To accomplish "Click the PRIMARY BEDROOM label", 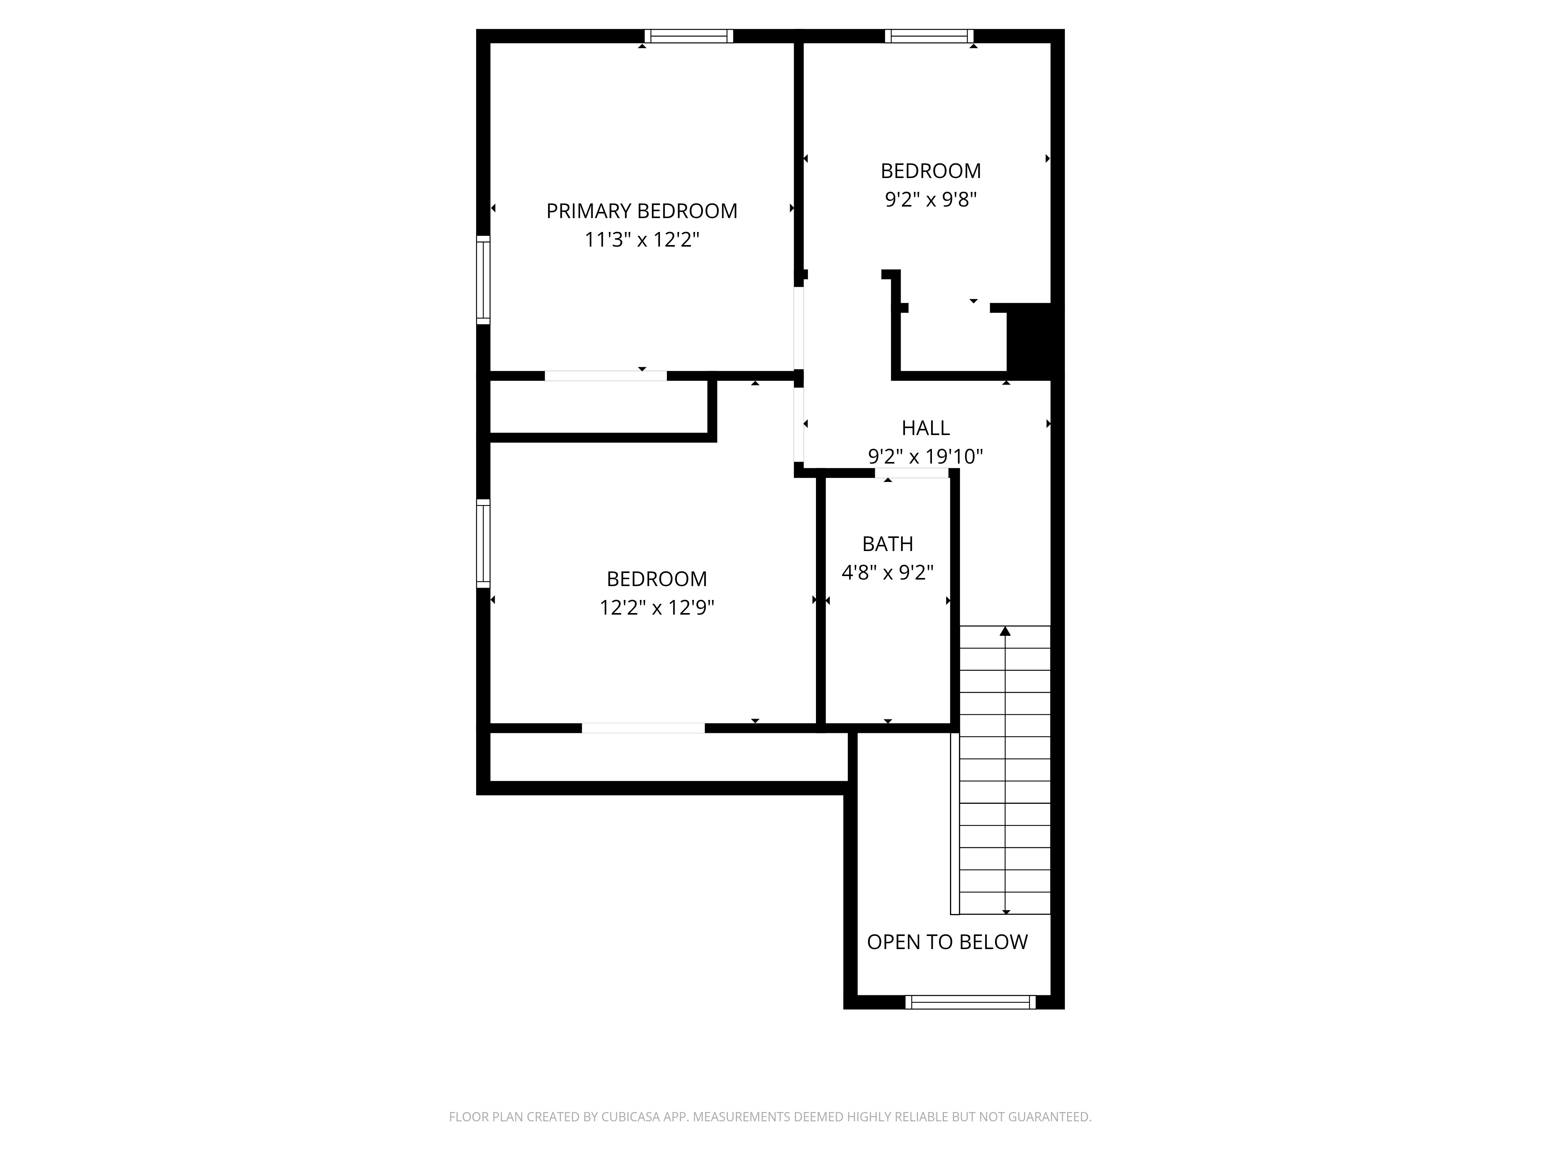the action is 641,211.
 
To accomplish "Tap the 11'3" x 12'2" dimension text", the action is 641,240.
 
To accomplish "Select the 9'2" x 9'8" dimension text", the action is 931,200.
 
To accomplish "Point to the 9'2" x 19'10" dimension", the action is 925,456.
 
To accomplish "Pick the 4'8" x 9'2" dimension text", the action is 888,573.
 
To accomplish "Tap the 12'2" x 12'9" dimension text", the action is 657,608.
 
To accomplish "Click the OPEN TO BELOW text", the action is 947,942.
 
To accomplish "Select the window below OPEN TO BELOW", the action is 970,1002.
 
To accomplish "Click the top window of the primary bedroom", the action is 688,36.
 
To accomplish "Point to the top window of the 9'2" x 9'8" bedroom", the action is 929,36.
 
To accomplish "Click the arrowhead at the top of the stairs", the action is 1005,631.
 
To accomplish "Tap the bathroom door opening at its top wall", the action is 912,473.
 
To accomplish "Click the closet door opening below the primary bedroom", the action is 605,376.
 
